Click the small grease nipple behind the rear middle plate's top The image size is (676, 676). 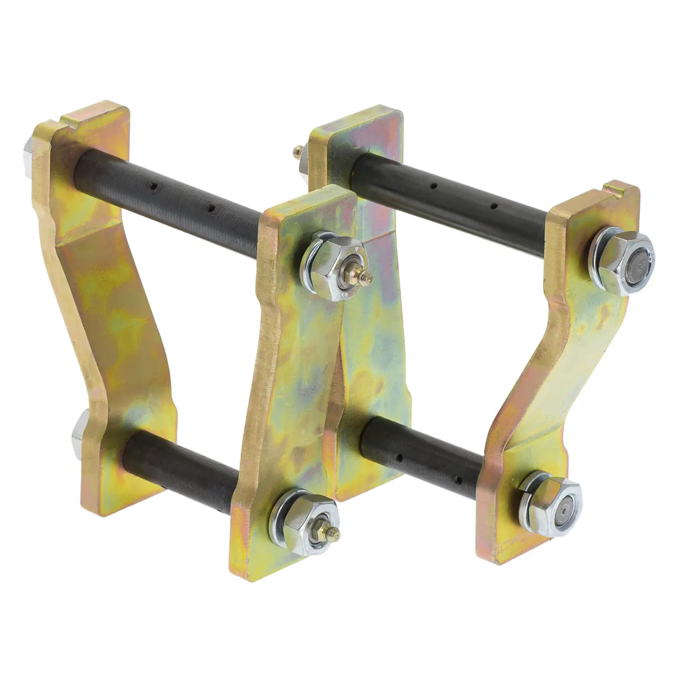point(296,150)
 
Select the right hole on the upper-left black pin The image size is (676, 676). point(212,209)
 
